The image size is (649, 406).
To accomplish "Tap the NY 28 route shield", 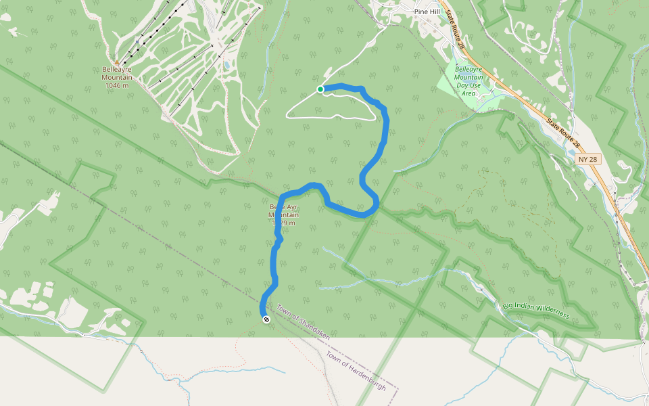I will [x=587, y=159].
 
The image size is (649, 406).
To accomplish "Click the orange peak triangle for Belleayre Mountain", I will [x=116, y=62].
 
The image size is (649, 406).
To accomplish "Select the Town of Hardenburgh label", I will [x=356, y=371].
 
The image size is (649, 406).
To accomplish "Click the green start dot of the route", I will [x=320, y=89].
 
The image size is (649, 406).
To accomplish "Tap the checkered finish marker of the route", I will [x=265, y=319].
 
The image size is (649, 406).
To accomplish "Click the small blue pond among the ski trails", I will [x=226, y=65].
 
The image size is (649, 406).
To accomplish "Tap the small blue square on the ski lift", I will [x=137, y=41].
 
